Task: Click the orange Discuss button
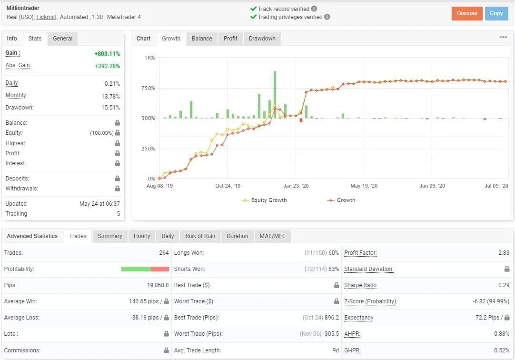[x=467, y=13]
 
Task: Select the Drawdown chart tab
[x=262, y=39]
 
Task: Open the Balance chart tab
[x=202, y=39]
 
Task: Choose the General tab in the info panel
[x=62, y=39]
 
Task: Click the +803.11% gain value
[x=107, y=54]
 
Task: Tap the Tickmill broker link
[x=46, y=17]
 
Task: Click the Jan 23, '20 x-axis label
[x=296, y=186]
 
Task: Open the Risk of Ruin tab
[x=200, y=236]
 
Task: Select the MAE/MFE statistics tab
[x=273, y=236]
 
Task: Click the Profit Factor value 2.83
[x=504, y=253]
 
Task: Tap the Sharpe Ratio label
[x=360, y=285]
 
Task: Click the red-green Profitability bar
[x=145, y=269]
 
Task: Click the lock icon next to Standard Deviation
[x=507, y=269]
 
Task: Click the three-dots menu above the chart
[x=503, y=38]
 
